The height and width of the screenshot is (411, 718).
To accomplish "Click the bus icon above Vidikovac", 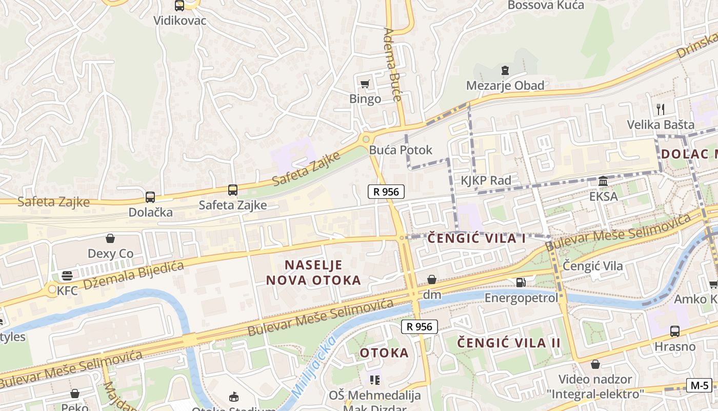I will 179,6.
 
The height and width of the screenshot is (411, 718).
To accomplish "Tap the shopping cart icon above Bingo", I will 365,84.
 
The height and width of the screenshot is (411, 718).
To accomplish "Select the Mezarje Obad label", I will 505,85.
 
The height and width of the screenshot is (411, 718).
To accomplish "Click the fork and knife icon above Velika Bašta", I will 661,109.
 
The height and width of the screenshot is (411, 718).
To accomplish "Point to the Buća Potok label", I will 401,150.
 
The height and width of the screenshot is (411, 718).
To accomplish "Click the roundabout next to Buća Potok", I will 366,139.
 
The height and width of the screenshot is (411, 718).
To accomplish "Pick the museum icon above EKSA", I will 603,181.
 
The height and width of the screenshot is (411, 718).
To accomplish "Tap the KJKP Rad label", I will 486,180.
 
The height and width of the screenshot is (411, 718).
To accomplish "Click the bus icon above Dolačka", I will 150,197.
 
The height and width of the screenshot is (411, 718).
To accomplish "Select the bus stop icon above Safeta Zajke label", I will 233,190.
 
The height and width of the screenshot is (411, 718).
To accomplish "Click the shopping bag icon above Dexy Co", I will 110,238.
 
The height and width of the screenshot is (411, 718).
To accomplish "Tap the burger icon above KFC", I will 67,276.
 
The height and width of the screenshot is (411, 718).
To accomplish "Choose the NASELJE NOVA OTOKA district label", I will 313,272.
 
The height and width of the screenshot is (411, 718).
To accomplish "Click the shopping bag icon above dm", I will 432,279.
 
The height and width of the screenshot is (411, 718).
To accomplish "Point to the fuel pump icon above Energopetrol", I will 521,282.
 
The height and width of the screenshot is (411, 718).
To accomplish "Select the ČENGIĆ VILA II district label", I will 509,343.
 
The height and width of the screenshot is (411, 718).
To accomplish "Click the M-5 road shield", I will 699,385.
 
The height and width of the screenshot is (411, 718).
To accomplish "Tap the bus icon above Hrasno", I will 674,331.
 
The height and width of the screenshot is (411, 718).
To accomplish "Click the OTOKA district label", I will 384,353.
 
